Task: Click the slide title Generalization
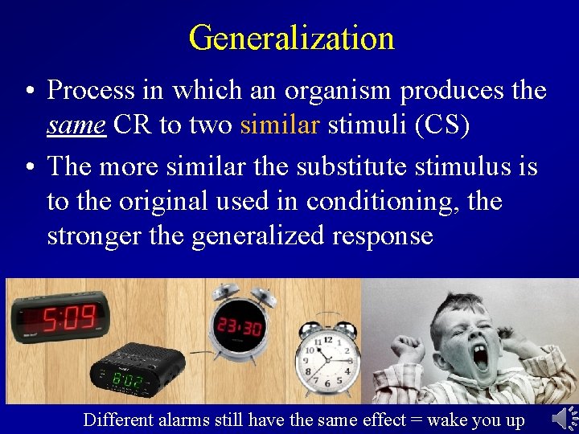(291, 38)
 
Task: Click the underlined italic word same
(76, 125)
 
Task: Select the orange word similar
(279, 125)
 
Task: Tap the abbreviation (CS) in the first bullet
(442, 125)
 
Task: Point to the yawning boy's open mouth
(481, 357)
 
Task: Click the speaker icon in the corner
(565, 418)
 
